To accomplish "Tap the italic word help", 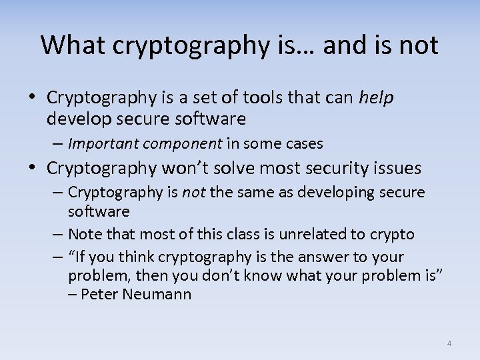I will pyautogui.click(x=377, y=98).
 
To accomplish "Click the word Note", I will pyautogui.click(x=83, y=234).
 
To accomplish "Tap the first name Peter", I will pyautogui.click(x=99, y=294).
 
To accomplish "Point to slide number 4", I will pyautogui.click(x=449, y=343).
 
